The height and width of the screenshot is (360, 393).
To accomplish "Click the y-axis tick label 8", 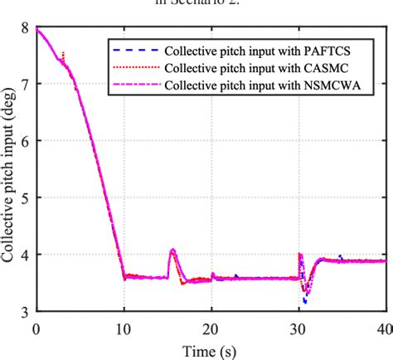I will [x=25, y=27].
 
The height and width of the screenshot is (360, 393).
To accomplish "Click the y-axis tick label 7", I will [x=25, y=84].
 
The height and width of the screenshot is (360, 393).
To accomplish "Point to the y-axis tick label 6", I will [x=25, y=141].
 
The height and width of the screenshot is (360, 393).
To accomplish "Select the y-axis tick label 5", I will [x=25, y=197].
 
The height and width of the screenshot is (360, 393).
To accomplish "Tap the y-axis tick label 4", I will [x=25, y=255].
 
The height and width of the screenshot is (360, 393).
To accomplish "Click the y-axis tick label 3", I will [x=25, y=311].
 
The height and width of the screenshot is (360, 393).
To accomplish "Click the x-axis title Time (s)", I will [x=211, y=348].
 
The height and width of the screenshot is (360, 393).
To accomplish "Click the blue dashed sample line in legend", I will [x=133, y=49].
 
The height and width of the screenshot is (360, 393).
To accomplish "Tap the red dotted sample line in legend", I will [x=133, y=66].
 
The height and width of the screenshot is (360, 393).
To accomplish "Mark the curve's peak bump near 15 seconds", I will [x=172, y=250].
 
